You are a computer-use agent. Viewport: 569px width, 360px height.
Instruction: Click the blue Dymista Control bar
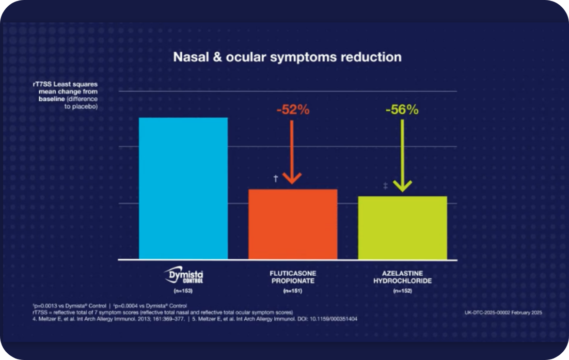click(183, 188)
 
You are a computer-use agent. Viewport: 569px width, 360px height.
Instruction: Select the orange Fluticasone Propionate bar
click(293, 224)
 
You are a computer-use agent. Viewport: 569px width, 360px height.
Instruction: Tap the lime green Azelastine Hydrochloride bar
click(402, 228)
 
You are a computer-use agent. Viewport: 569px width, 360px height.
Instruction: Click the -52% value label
click(293, 110)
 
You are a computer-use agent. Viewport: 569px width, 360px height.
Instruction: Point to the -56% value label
click(402, 110)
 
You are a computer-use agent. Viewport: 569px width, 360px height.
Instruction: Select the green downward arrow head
click(402, 186)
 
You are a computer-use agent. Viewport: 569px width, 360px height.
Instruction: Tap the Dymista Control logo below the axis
click(184, 275)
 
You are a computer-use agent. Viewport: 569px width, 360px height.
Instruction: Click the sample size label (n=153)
click(183, 291)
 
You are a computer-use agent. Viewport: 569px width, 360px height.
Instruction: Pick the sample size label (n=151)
click(292, 291)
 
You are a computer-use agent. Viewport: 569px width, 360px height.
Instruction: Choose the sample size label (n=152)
click(402, 291)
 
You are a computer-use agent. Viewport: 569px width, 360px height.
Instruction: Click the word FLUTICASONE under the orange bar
click(293, 273)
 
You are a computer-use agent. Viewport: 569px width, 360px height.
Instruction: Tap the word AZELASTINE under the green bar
click(402, 273)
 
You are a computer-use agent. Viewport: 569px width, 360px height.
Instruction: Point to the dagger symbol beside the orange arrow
click(276, 179)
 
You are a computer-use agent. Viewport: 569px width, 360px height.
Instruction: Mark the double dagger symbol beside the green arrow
click(385, 186)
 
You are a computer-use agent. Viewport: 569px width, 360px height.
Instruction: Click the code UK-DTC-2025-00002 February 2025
click(503, 313)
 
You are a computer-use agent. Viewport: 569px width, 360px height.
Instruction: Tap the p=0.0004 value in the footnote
click(126, 306)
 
